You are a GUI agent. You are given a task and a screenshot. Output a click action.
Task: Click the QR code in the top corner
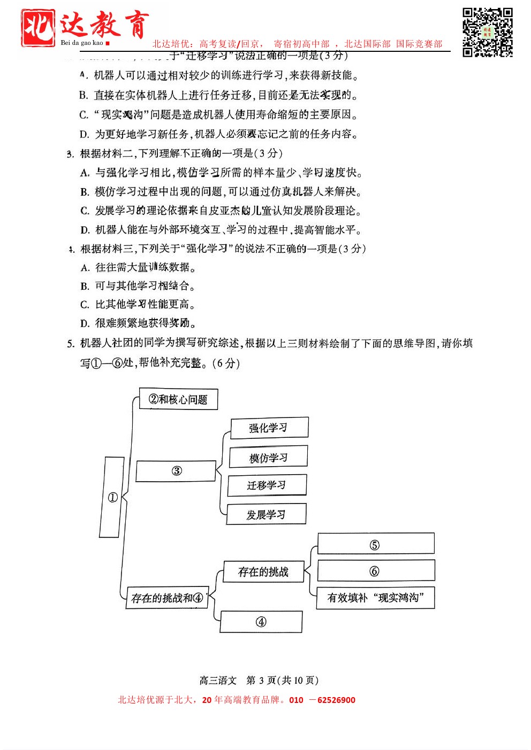click(x=488, y=32)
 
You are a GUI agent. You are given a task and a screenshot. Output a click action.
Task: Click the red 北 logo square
click(x=38, y=28)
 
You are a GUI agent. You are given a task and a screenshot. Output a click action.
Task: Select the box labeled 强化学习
click(x=269, y=428)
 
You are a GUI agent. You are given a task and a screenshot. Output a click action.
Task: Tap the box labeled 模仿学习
click(x=268, y=458)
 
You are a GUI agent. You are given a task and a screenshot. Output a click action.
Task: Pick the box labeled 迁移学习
click(x=267, y=485)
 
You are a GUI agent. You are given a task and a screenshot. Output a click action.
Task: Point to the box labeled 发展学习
click(x=266, y=515)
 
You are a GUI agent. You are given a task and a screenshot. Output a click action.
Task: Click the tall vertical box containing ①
click(x=112, y=497)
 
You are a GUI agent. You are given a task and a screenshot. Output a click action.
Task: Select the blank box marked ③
click(x=176, y=471)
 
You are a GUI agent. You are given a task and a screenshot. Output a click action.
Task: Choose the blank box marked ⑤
click(x=375, y=544)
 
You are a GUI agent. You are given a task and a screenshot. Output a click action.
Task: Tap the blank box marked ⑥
click(x=375, y=571)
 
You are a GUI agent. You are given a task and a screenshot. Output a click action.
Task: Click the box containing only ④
click(x=261, y=622)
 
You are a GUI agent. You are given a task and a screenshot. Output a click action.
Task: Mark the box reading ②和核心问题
click(x=178, y=399)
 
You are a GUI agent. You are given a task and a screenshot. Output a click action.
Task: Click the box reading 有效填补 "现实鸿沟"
click(x=375, y=598)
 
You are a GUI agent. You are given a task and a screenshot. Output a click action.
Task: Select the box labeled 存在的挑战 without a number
click(x=263, y=572)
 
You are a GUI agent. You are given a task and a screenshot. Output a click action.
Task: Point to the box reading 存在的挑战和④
click(x=167, y=598)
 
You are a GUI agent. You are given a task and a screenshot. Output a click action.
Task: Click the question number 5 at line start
click(x=71, y=344)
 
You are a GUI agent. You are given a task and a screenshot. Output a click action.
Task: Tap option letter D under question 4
click(x=85, y=323)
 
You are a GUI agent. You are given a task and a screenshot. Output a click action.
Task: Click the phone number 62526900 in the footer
click(x=336, y=700)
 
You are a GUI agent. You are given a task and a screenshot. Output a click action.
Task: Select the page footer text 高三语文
click(x=218, y=681)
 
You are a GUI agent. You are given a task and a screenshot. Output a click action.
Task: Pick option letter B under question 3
click(x=85, y=192)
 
